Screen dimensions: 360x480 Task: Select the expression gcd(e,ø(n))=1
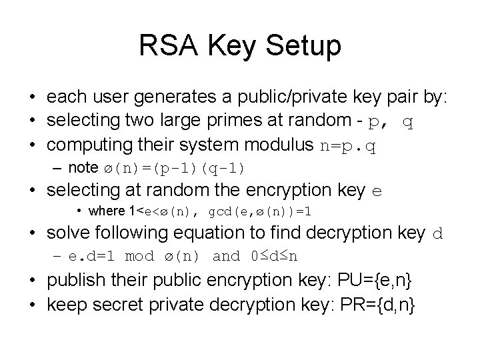click(261, 211)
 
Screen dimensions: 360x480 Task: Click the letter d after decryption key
click(438, 234)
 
